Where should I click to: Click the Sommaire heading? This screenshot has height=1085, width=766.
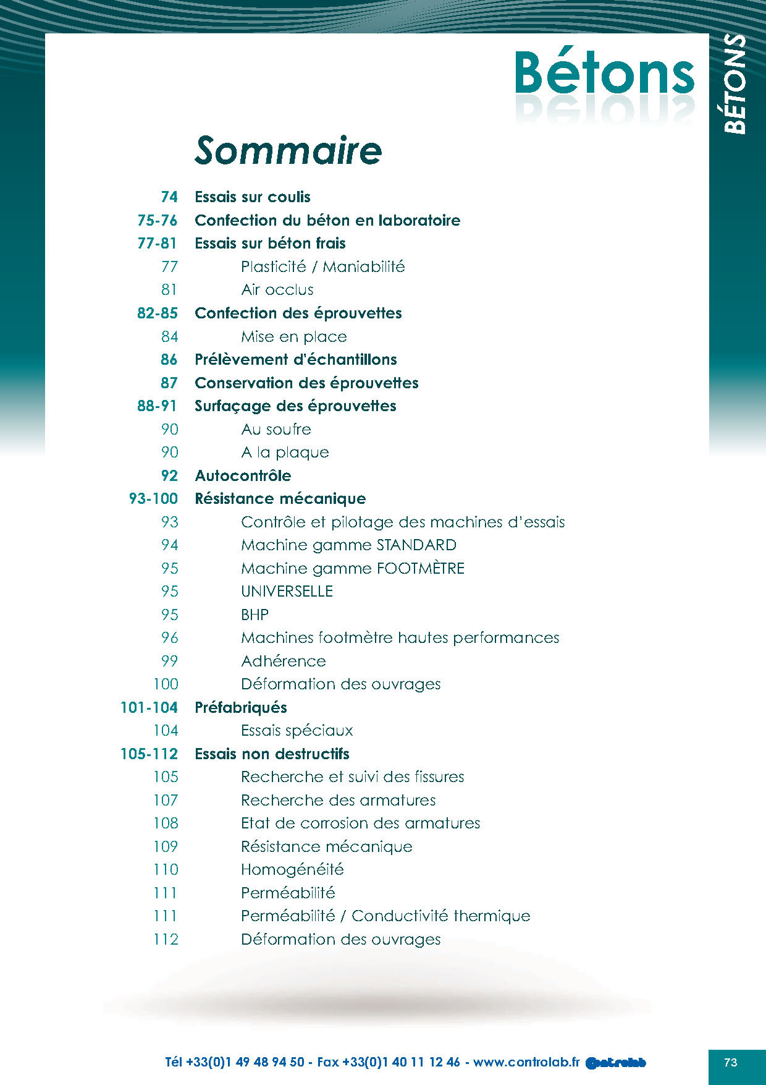click(288, 150)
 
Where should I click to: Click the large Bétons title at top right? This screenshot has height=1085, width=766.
click(605, 74)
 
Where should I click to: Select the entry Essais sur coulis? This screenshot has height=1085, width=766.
click(253, 197)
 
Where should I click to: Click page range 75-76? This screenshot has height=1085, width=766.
click(157, 221)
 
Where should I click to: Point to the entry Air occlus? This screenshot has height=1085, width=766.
click(277, 290)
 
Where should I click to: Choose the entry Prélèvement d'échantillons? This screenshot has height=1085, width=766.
click(296, 360)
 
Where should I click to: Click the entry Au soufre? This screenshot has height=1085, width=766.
click(276, 430)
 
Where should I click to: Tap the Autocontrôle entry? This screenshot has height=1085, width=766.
click(243, 476)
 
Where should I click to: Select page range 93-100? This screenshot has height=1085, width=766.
click(153, 499)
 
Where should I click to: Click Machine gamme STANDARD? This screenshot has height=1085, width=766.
click(348, 545)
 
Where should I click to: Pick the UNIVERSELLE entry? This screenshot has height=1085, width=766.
click(287, 592)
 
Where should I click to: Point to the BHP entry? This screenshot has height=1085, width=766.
click(255, 615)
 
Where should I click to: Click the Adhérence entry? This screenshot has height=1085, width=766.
click(284, 662)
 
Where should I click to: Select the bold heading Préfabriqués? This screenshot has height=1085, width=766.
click(241, 708)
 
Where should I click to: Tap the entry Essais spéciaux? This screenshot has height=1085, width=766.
click(297, 731)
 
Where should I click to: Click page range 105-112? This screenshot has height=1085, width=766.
click(149, 754)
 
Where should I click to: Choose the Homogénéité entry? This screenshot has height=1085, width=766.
click(292, 870)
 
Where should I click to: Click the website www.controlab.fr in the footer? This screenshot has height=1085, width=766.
click(526, 1062)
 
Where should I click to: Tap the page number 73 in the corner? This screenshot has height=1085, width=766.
click(731, 1063)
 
